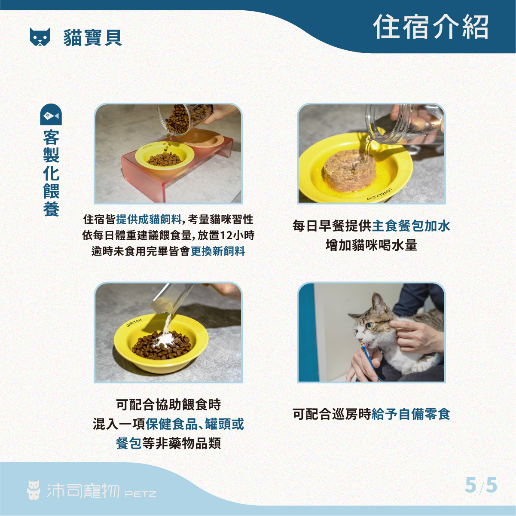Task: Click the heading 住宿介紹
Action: [431, 27]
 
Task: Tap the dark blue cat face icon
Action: [40, 37]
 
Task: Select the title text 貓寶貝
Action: [93, 37]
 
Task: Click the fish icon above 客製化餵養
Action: [51, 114]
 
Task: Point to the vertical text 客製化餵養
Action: [51, 173]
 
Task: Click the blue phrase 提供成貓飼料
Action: [149, 220]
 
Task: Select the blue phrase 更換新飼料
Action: [218, 251]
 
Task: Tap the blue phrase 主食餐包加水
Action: [411, 226]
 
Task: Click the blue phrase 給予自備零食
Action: [411, 414]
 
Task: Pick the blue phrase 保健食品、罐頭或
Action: [195, 424]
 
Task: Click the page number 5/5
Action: [481, 485]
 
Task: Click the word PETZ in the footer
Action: [140, 494]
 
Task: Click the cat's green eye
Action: [370, 325]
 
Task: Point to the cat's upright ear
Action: [379, 302]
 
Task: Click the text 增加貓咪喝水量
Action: [371, 245]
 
